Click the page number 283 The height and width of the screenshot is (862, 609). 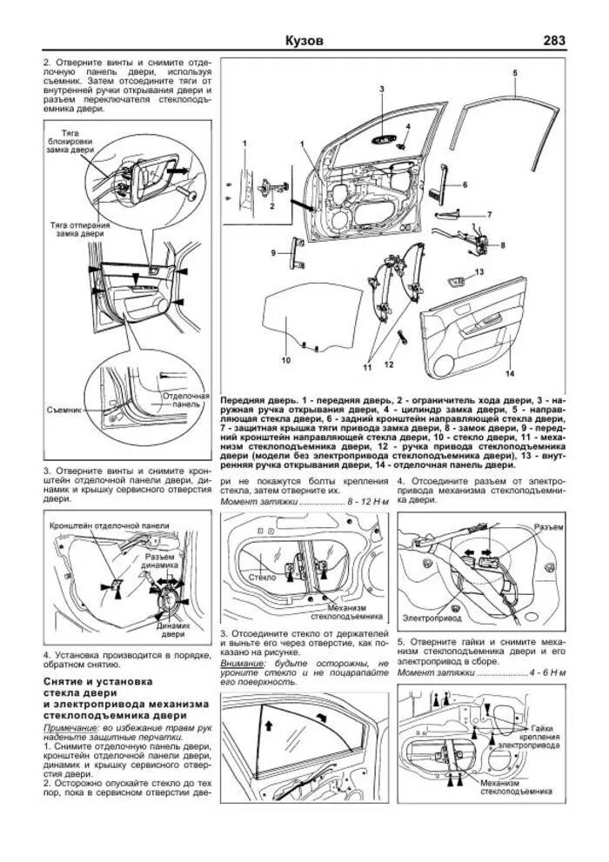coord(553,41)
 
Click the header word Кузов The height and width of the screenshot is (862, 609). coord(304,41)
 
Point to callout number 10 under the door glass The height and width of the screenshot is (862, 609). coord(284,358)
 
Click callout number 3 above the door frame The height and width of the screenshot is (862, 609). coord(381,90)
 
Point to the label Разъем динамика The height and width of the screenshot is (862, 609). coord(162,561)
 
